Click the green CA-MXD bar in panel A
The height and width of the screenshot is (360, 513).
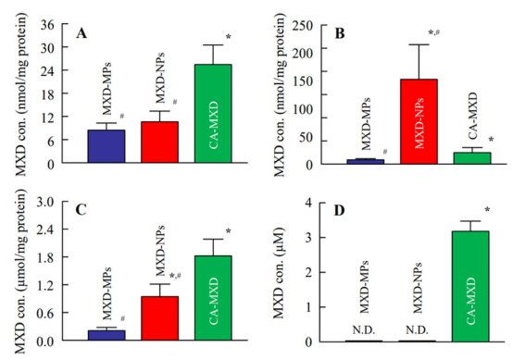click(x=213, y=114)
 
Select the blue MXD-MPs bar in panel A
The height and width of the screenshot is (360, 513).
click(x=106, y=146)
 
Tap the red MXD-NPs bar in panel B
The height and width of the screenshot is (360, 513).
click(x=419, y=121)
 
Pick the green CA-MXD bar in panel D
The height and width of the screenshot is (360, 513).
click(x=470, y=286)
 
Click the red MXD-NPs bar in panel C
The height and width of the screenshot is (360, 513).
click(x=159, y=318)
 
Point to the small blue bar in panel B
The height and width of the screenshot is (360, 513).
click(x=366, y=162)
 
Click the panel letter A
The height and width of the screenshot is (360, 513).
click(x=81, y=33)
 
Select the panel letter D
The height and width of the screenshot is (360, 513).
click(x=339, y=211)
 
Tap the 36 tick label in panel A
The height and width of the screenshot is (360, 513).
click(x=47, y=25)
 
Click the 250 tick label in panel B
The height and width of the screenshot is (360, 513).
click(x=303, y=26)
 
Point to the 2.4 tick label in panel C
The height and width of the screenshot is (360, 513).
click(x=45, y=229)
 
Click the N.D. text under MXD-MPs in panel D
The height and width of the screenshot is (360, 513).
click(x=364, y=330)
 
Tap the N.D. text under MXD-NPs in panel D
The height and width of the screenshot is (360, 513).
click(x=417, y=330)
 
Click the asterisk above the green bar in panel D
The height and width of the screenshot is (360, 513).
click(x=487, y=209)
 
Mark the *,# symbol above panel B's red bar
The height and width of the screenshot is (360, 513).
click(x=433, y=32)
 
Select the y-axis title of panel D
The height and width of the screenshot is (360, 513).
click(x=279, y=273)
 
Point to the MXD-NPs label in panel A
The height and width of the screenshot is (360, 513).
click(x=159, y=78)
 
